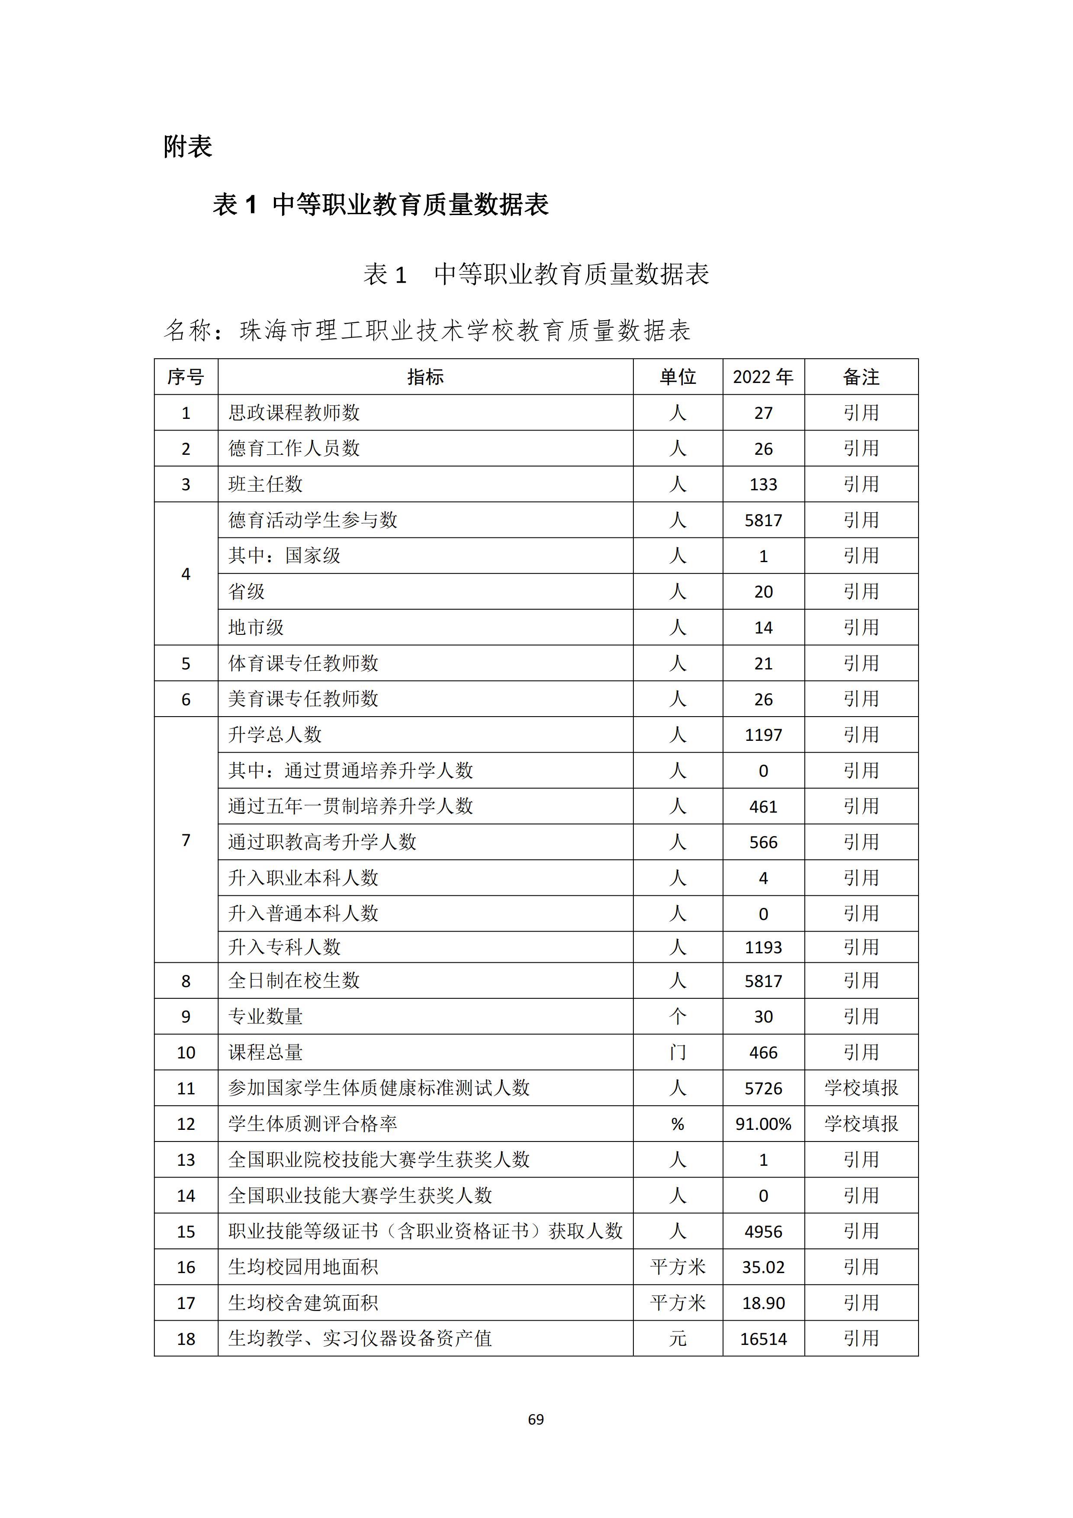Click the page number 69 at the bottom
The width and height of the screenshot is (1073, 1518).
pyautogui.click(x=536, y=1419)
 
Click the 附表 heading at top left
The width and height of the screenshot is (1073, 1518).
pyautogui.click(x=188, y=147)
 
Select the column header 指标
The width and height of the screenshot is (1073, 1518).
pyautogui.click(x=425, y=377)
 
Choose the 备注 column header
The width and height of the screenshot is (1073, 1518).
pyautogui.click(x=861, y=377)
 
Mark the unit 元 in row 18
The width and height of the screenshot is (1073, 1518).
pyautogui.click(x=678, y=1339)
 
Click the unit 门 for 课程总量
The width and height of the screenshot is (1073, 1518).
pyautogui.click(x=678, y=1052)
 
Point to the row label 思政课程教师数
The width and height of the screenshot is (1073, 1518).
pyautogui.click(x=294, y=412)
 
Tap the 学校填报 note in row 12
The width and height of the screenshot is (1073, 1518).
pyautogui.click(x=861, y=1124)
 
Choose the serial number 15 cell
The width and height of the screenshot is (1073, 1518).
pyautogui.click(x=186, y=1232)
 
